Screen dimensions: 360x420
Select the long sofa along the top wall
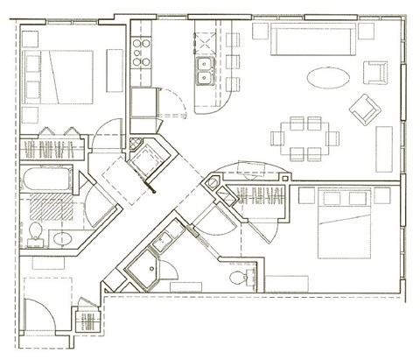(311, 40)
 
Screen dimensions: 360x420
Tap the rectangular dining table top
(302, 138)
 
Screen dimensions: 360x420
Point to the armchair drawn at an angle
(363, 109)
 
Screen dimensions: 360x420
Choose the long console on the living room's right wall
(384, 150)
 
